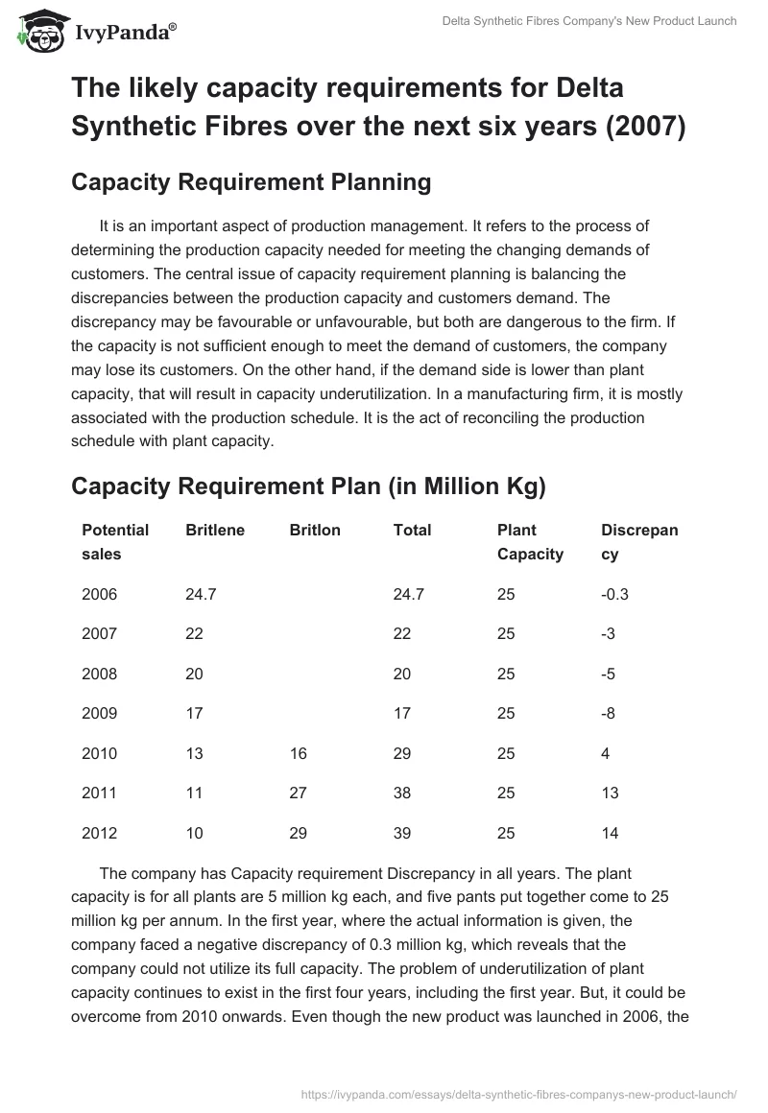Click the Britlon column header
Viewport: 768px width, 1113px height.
pyautogui.click(x=315, y=530)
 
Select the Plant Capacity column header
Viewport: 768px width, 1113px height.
pyautogui.click(x=530, y=541)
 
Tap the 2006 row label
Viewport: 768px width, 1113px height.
pyautogui.click(x=100, y=594)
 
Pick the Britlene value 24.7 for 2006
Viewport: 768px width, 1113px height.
pyautogui.click(x=201, y=594)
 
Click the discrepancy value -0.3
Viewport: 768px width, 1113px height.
pyautogui.click(x=614, y=594)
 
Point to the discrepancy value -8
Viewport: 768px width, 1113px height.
pyautogui.click(x=609, y=713)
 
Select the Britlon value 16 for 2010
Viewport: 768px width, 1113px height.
pyautogui.click(x=299, y=753)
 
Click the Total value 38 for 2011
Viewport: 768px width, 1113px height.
pyautogui.click(x=403, y=793)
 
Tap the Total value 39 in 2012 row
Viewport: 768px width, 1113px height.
pyautogui.click(x=403, y=833)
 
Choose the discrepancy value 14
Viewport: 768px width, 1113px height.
pyautogui.click(x=611, y=833)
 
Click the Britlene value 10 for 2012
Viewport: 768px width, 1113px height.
pyautogui.click(x=194, y=833)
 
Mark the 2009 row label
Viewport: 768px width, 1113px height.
pyautogui.click(x=100, y=713)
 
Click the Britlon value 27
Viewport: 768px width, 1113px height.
pyautogui.click(x=299, y=793)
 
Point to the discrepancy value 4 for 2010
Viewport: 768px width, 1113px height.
pyautogui.click(x=606, y=753)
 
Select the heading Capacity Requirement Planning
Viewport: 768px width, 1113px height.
pyautogui.click(x=252, y=182)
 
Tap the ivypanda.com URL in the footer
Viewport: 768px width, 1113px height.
pyautogui.click(x=518, y=1093)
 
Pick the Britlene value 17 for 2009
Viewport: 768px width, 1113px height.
pyautogui.click(x=194, y=713)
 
